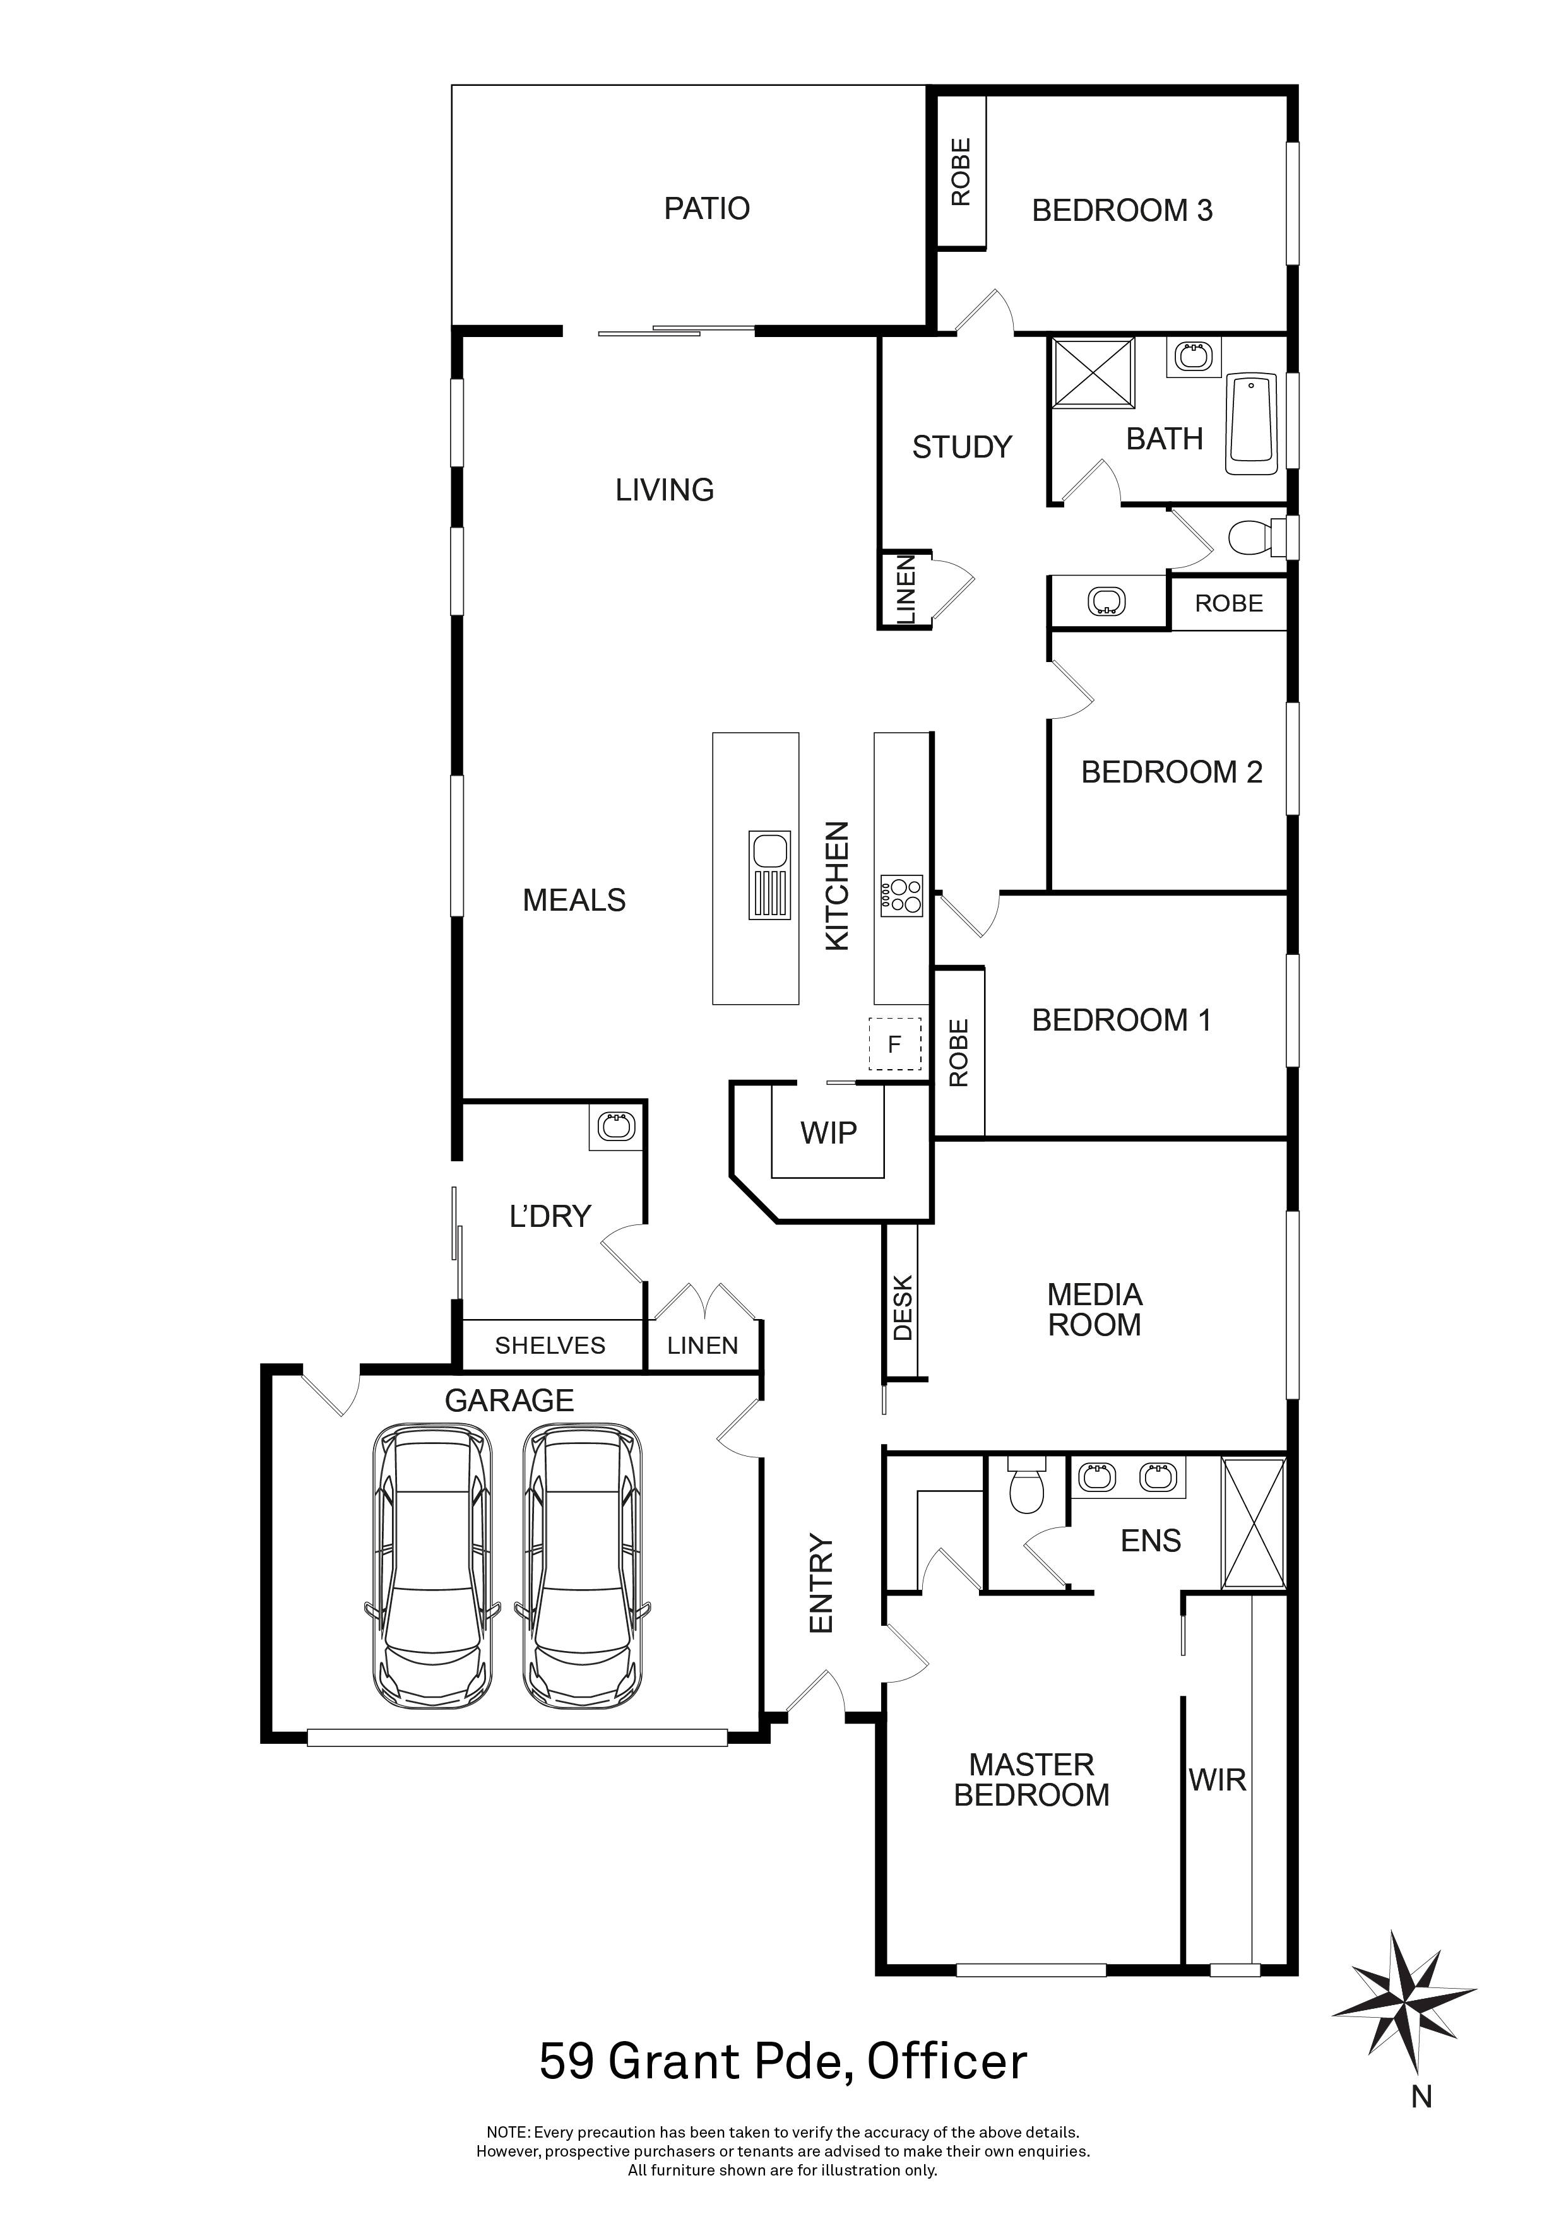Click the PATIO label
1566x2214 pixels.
click(707, 208)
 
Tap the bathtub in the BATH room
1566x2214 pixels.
click(1252, 424)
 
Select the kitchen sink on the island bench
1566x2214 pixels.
click(769, 875)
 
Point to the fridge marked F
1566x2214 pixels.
click(895, 1045)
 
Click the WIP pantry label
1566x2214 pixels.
click(828, 1132)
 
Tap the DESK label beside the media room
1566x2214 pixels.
click(903, 1308)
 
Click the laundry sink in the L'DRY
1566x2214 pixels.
click(615, 1125)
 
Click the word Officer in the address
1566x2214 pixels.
click(947, 2062)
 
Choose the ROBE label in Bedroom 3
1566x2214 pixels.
click(961, 172)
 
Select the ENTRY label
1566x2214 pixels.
click(821, 1582)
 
